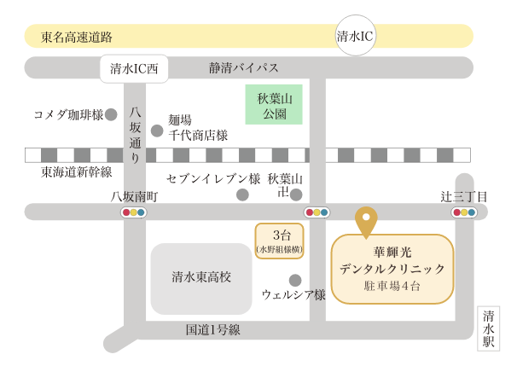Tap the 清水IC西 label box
[135, 68]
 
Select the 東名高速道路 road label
[77, 37]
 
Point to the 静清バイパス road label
[243, 67]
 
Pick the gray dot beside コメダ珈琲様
[111, 113]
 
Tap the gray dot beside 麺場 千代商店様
[157, 131]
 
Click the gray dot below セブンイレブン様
[242, 195]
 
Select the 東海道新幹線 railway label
[77, 171]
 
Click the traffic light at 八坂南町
[134, 212]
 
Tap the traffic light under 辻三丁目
[464, 212]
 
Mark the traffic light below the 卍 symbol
[317, 212]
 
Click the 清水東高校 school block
[201, 277]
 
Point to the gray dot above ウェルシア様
[295, 280]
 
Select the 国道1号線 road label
[212, 329]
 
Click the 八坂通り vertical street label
[135, 134]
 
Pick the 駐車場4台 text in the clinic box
[392, 287]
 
